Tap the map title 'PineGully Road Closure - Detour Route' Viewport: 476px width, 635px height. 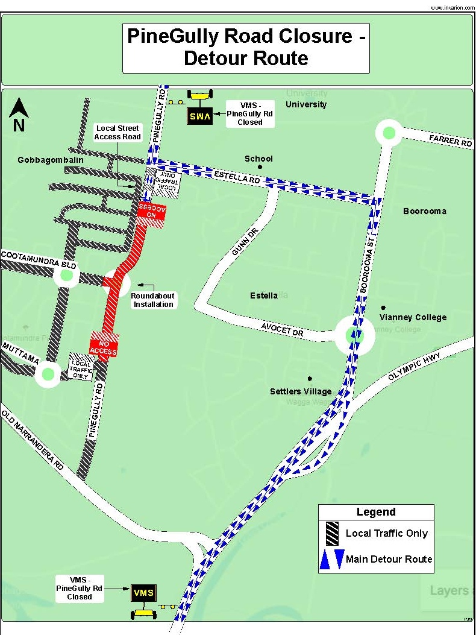pyautogui.click(x=246, y=48)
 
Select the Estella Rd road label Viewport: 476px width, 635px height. pyautogui.click(x=236, y=177)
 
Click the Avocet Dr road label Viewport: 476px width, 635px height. pyautogui.click(x=282, y=330)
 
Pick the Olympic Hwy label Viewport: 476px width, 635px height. pyautogui.click(x=415, y=367)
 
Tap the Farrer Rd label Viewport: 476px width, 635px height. pyautogui.click(x=450, y=142)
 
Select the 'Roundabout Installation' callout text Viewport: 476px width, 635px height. pyautogui.click(x=153, y=300)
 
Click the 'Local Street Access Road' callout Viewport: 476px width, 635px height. pyautogui.click(x=117, y=133)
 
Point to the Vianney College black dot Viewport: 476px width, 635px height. pyautogui.click(x=383, y=308)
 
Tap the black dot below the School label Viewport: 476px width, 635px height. pyautogui.click(x=260, y=167)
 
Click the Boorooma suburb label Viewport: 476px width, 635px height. pyautogui.click(x=425, y=211)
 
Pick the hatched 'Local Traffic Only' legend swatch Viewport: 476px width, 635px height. pyautogui.click(x=331, y=533)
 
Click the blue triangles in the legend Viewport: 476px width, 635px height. pyautogui.click(x=331, y=559)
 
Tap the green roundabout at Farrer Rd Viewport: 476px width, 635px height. pyautogui.click(x=389, y=133)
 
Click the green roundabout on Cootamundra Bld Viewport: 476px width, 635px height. pyautogui.click(x=66, y=276)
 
